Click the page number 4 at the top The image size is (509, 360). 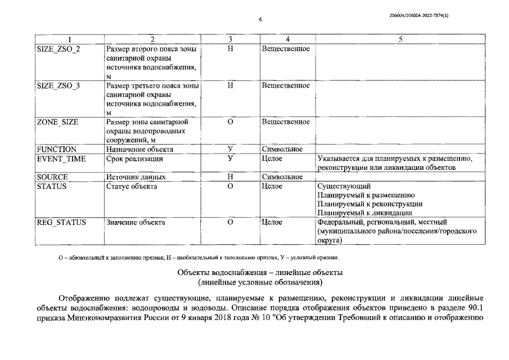tap(260, 20)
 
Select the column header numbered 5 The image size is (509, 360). tap(400, 39)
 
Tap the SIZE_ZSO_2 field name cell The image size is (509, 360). tap(58, 49)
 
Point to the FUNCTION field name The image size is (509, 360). tap(56, 150)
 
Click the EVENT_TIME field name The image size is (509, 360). tap(61, 159)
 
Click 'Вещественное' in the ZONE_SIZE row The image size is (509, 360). tap(286, 122)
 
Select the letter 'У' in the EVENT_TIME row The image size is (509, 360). tap(230, 159)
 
